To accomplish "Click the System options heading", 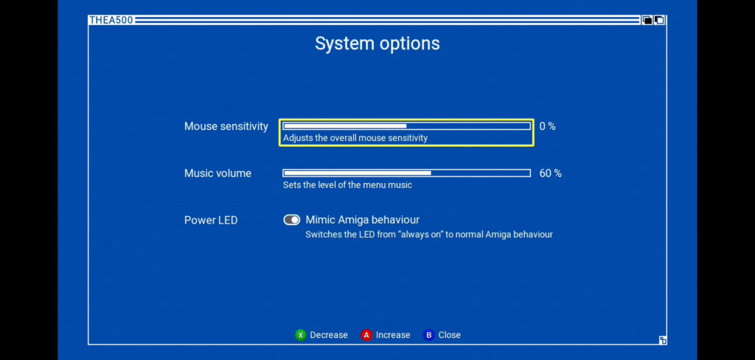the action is tap(377, 44).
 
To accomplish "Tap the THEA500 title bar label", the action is tap(111, 20).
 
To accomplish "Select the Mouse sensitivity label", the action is tap(226, 126).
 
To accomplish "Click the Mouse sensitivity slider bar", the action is tap(406, 126).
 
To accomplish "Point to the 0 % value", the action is tap(548, 126).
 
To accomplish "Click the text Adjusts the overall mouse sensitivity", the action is tap(355, 138).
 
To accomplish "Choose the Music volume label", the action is tap(218, 173).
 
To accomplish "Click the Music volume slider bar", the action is tap(406, 173).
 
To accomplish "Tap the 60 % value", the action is tap(550, 173).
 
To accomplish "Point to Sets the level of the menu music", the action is tap(347, 185).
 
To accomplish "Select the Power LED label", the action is tap(211, 221).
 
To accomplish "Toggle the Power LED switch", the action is tap(292, 220).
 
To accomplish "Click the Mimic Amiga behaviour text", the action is tap(363, 221).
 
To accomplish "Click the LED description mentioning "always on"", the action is tap(429, 235).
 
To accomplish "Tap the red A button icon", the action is tap(366, 335).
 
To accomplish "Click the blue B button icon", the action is tap(428, 335).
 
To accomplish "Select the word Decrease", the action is tap(329, 335).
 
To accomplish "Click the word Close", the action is tap(449, 335).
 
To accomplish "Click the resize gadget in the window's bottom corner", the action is tap(663, 340).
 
